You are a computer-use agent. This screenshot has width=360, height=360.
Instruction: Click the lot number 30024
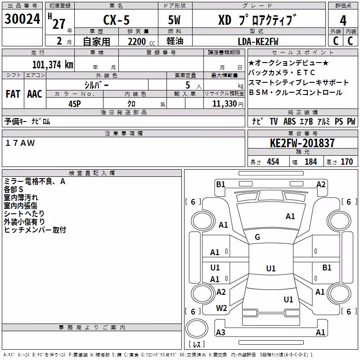[x=22, y=19]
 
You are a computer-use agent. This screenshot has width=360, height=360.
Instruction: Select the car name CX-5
[x=117, y=20]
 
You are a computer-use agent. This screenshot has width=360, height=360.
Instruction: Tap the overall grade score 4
[x=343, y=21]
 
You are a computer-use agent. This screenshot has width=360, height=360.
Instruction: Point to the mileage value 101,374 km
[x=53, y=64]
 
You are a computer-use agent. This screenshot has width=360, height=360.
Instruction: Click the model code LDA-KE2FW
[x=258, y=41]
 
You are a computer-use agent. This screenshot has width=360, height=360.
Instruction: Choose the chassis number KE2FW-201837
[x=302, y=143]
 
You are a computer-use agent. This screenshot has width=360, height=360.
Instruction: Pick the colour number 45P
[x=75, y=104]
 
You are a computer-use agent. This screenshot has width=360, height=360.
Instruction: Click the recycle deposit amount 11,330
[x=224, y=104]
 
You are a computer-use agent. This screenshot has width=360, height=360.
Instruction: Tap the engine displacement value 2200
[x=137, y=41]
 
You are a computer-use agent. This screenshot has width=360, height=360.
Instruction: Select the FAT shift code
[x=13, y=94]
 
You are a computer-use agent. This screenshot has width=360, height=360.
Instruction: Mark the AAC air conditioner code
[x=35, y=94]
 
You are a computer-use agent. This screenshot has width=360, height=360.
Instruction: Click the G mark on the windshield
[x=257, y=237]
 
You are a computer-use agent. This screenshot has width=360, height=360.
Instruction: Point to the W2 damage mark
[x=221, y=308]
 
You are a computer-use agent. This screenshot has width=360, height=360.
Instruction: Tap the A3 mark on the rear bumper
[x=220, y=332]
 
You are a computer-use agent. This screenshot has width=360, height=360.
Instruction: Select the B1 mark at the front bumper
[x=220, y=184]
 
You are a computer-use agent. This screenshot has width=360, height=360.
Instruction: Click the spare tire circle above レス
[x=197, y=328]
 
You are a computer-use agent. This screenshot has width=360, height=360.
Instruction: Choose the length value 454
[x=273, y=162]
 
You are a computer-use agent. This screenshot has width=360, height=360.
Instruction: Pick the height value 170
[x=346, y=162]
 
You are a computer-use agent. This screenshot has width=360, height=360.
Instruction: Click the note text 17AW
[x=20, y=143]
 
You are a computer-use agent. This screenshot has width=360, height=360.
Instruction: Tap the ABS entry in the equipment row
[x=289, y=121]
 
